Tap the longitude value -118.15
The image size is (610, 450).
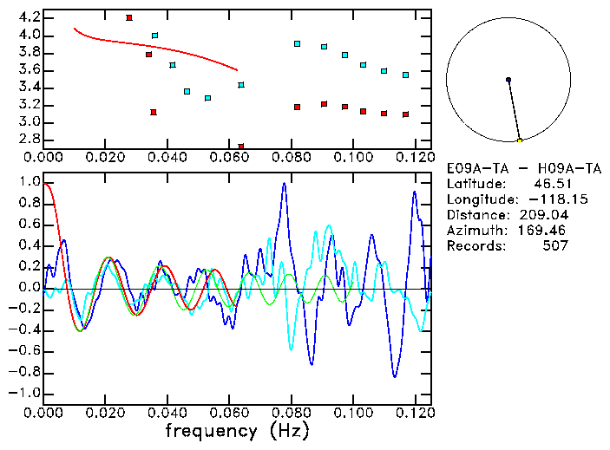pos(543,199)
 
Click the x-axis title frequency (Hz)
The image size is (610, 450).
pos(235,430)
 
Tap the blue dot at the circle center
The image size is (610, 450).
pos(508,80)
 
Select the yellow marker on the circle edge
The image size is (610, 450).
pos(519,140)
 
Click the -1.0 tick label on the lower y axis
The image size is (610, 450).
pos(25,393)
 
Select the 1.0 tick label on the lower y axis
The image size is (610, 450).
pos(29,183)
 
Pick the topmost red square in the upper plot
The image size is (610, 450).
pos(129,17)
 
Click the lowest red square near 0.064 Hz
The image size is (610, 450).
pos(241,147)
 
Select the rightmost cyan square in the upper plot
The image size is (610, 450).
pos(405,75)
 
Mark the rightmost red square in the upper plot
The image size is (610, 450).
pos(405,114)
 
